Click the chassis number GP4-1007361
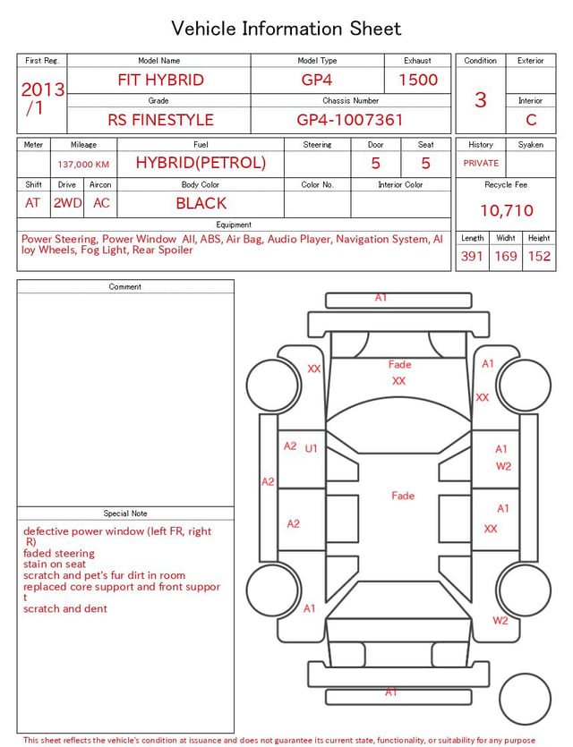350,120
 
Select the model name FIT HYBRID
160,80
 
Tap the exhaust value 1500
418,80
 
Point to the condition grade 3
481,99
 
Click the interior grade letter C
531,120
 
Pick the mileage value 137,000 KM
83,165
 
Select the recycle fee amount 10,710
506,210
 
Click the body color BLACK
201,203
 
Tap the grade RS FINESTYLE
160,120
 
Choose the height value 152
539,256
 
